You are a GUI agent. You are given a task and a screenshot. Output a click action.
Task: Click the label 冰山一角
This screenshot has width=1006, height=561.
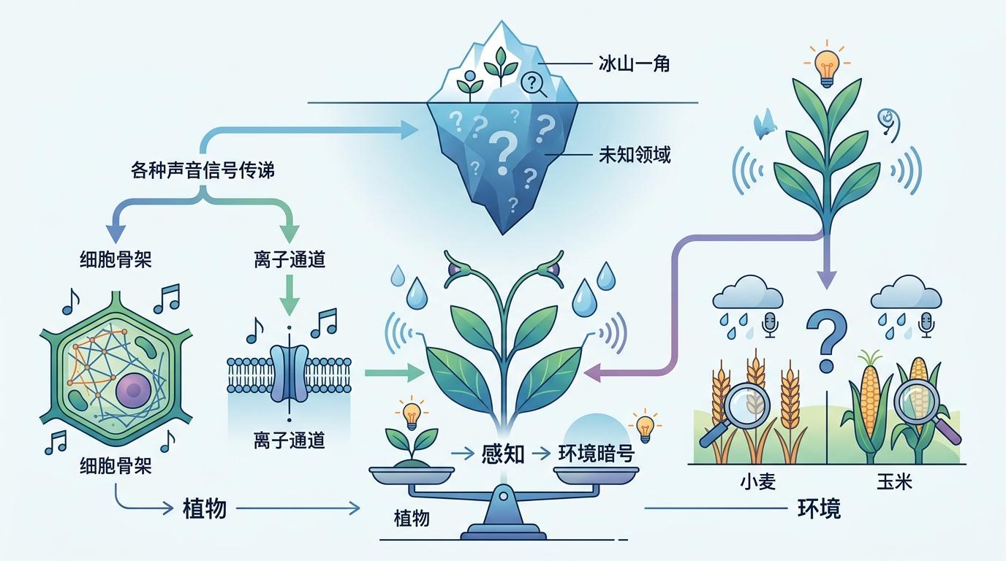pos(634,64)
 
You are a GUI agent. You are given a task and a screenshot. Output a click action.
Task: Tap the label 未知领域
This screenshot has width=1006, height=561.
pos(635,155)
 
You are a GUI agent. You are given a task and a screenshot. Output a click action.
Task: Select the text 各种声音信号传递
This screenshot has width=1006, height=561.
pos(203,170)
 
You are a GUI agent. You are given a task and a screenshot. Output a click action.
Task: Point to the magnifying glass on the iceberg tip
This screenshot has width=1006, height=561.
pos(533,85)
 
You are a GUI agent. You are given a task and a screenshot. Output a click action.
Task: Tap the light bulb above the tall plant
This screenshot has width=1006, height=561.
pos(828,67)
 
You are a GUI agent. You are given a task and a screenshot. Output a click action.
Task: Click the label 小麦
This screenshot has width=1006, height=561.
pos(757,481)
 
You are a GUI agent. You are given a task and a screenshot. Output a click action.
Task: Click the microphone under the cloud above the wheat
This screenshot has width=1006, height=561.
pos(771,325)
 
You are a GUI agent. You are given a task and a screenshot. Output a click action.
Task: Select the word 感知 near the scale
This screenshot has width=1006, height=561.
pos(503,454)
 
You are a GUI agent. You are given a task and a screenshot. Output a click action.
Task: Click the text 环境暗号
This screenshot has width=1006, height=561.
pos(597,454)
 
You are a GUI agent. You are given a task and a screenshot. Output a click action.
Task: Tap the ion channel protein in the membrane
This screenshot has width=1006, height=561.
pos(290,373)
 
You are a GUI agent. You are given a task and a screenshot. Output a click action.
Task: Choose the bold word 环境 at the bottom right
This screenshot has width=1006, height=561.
pos(819,508)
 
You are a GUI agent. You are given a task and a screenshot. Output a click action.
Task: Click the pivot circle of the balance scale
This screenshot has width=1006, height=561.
pos(504,497)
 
